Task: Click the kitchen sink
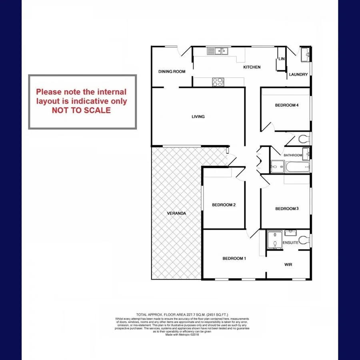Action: click(217, 51)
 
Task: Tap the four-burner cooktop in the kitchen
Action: click(218, 82)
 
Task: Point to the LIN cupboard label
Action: click(281, 59)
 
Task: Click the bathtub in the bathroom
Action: click(296, 166)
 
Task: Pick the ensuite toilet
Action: click(305, 240)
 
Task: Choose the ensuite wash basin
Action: click(290, 233)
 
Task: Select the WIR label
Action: click(289, 264)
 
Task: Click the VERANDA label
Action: click(176, 213)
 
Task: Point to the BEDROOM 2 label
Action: click(224, 205)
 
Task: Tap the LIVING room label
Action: click(198, 117)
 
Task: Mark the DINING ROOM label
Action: click(172, 72)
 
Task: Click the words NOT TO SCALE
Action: click(81, 110)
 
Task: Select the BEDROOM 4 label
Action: click(287, 105)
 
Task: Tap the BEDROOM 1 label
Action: click(234, 258)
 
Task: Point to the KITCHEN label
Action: click(252, 67)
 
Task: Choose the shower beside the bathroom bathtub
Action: click(277, 166)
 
